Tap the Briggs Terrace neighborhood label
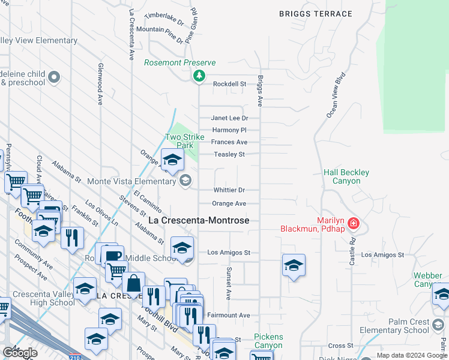(316, 14)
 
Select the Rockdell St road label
(230, 85)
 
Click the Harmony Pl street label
(229, 130)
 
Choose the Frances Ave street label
(229, 142)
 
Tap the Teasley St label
(228, 154)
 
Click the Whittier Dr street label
(229, 190)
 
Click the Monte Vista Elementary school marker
(186, 180)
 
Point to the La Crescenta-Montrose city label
(198, 221)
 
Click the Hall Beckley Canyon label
(346, 176)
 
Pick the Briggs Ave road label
(260, 91)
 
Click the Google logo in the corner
(19, 353)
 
